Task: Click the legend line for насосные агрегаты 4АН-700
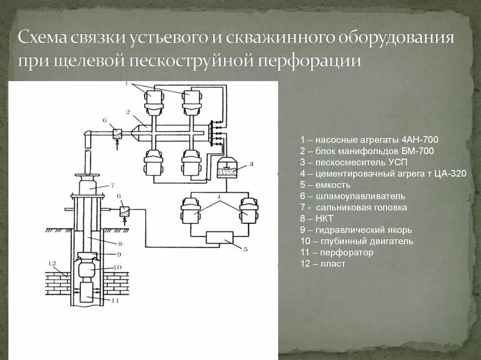370,140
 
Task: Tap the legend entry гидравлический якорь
357,230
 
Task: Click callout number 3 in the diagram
251,164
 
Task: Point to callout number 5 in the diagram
245,250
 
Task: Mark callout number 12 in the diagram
52,263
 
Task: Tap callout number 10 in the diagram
117,268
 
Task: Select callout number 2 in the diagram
127,112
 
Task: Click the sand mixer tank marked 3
228,168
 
